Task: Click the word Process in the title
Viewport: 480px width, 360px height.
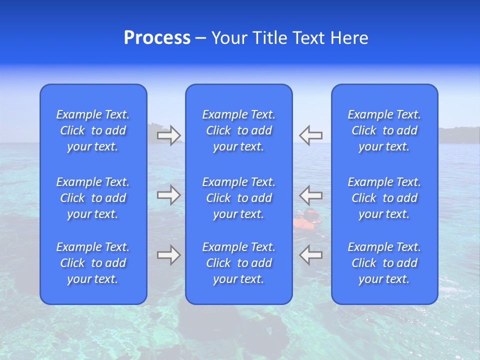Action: [157, 38]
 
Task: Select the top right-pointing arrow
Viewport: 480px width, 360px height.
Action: [169, 135]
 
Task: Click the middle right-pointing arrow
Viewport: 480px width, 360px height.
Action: [169, 195]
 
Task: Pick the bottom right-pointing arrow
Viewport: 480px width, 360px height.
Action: [169, 255]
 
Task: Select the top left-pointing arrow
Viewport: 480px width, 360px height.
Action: [310, 135]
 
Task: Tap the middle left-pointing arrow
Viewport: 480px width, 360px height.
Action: [310, 195]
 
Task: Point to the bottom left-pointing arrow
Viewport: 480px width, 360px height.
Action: [310, 255]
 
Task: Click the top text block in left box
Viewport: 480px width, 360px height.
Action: [93, 130]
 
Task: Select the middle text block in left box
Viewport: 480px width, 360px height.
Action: [93, 198]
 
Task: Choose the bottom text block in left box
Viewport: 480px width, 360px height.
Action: [93, 263]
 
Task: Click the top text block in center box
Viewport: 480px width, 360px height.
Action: [239, 130]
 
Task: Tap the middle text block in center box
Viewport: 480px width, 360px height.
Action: [239, 198]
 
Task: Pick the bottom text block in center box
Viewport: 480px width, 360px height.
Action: [239, 263]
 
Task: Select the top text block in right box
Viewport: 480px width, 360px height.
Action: [384, 130]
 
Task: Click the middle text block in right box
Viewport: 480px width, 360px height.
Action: [384, 198]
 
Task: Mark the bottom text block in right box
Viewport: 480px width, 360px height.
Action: [384, 263]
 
